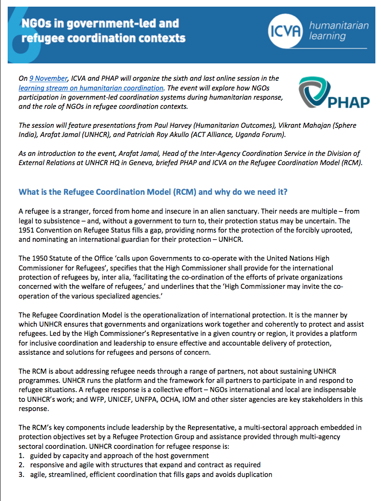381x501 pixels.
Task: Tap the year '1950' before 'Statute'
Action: point(43,258)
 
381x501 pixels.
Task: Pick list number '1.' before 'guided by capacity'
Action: point(21,455)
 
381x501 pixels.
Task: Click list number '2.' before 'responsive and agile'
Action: point(21,465)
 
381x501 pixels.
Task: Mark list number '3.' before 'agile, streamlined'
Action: point(21,474)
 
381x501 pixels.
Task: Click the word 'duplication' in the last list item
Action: point(254,474)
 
